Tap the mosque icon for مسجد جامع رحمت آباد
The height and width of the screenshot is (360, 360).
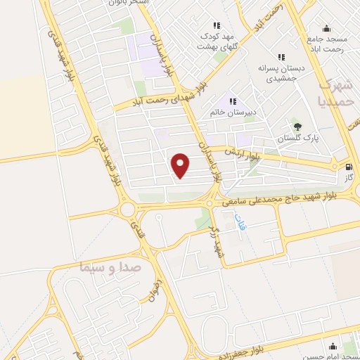tap(326, 28)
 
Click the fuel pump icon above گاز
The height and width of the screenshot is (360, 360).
tap(348, 167)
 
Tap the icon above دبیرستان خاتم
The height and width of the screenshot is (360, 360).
tap(233, 101)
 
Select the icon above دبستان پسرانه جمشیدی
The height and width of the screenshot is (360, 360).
tap(281, 58)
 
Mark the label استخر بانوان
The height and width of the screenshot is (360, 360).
tap(127, 3)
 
